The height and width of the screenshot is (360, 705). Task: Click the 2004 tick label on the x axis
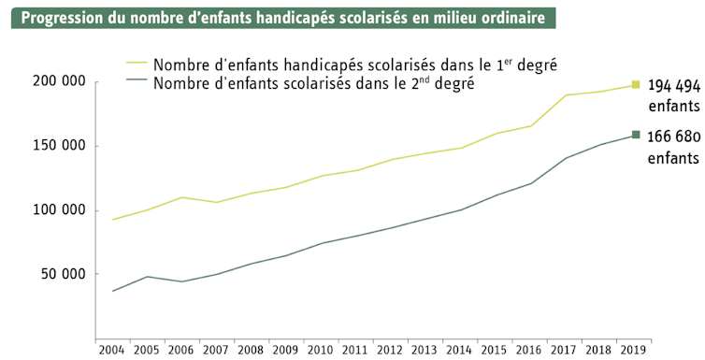[112, 349]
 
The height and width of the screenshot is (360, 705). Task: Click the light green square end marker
[636, 85]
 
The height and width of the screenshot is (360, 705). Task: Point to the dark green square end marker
[636, 136]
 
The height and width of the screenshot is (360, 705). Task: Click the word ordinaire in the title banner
[514, 19]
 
